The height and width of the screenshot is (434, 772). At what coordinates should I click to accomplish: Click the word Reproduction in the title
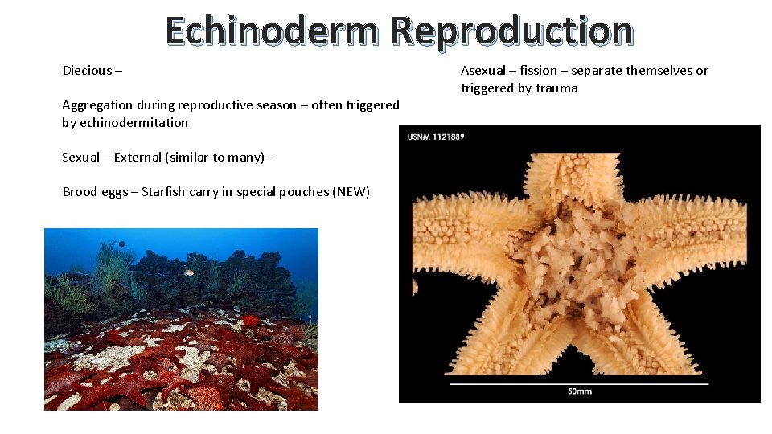[511, 31]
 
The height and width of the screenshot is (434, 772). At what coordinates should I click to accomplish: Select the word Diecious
[87, 71]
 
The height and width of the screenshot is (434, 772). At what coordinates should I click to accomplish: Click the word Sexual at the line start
[80, 158]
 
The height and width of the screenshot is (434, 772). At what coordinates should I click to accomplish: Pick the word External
[138, 158]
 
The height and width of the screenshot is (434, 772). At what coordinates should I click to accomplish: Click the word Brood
[78, 192]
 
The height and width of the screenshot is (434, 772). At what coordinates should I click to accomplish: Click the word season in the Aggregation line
[273, 105]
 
